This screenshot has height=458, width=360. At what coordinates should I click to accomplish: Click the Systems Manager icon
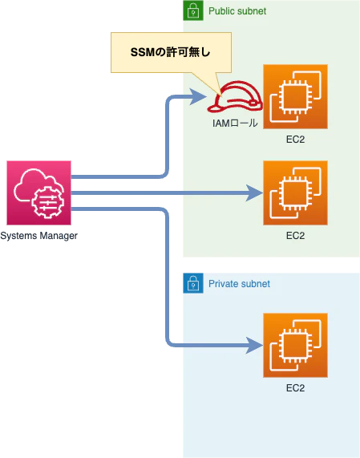pos(38,193)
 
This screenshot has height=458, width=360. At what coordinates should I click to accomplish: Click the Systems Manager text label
pos(38,236)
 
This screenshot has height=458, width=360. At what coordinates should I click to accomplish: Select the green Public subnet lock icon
pos(193,10)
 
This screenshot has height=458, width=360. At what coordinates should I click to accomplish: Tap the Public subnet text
pos(237,11)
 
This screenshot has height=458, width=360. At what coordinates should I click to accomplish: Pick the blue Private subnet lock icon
pos(193,283)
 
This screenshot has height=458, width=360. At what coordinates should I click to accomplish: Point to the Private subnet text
pos(239,284)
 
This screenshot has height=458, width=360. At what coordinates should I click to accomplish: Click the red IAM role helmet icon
pos(235,96)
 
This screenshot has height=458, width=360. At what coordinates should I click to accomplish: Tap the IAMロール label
pos(235,123)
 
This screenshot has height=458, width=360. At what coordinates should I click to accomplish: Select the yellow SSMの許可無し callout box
pos(171,53)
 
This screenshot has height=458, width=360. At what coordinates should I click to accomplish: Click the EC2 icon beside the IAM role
pos(295,97)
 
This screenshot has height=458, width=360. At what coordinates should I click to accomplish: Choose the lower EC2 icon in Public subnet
pos(295,193)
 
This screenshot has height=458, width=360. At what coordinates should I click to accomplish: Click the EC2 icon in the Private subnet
pos(295,345)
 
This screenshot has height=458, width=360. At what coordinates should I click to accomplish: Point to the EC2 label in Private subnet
pos(295,388)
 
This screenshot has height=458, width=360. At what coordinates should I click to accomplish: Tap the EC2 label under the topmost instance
pos(295,140)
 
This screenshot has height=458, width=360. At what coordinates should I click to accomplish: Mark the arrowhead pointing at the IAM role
pos(198,96)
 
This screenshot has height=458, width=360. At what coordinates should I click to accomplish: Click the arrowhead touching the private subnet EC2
pos(254,345)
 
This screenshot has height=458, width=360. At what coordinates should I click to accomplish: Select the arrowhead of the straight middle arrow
pos(254,193)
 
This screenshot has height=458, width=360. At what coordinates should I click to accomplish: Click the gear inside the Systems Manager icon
pos(47,202)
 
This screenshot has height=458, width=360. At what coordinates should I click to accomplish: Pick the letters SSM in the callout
pos(142,53)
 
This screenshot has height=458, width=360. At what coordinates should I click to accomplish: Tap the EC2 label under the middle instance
pos(295,236)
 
